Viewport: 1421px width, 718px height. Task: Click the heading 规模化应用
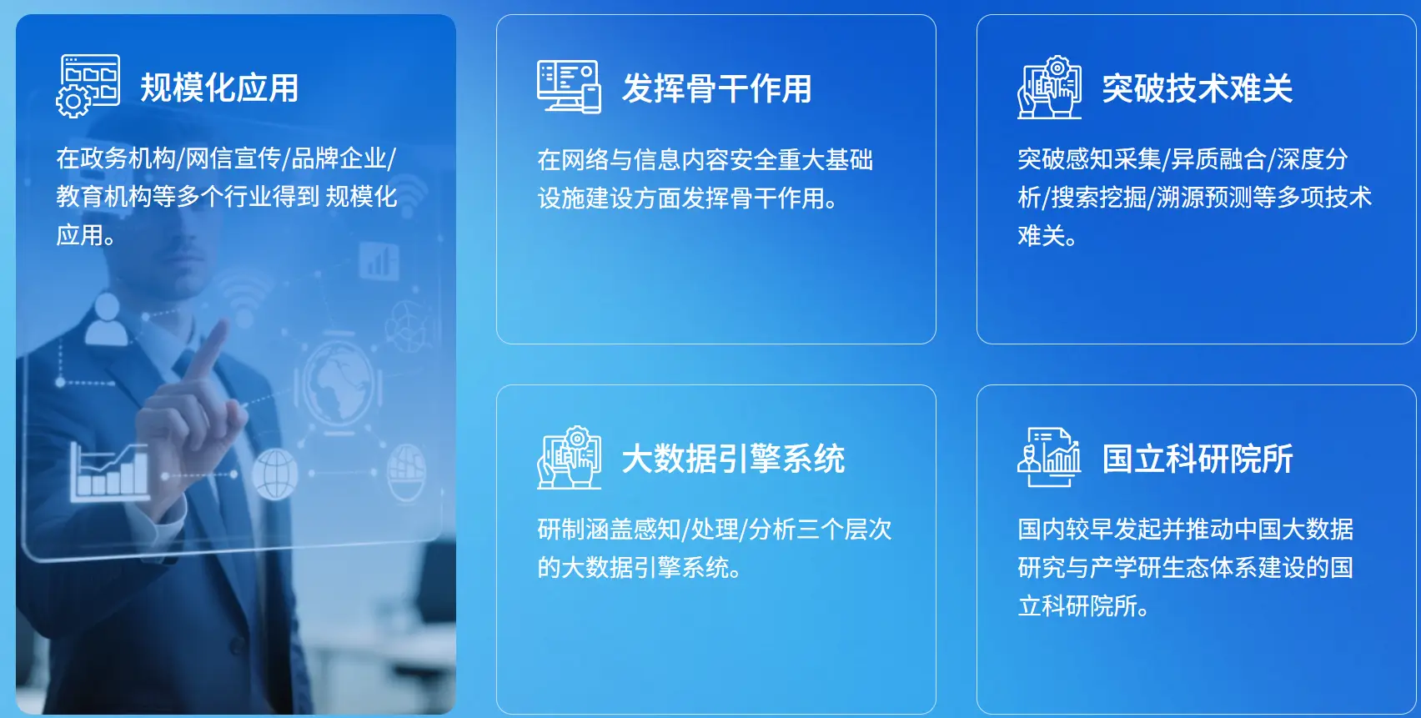tap(218, 88)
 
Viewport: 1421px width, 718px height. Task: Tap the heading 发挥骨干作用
tap(716, 88)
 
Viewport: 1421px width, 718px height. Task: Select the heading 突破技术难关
tap(1197, 88)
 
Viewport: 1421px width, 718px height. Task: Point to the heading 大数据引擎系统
tap(733, 459)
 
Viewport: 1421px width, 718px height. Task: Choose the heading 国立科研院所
tap(1197, 459)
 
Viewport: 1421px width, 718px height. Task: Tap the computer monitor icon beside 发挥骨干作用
tap(569, 87)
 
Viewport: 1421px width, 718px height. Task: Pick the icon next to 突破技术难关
tap(1049, 87)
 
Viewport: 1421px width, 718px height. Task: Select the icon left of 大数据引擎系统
tap(569, 457)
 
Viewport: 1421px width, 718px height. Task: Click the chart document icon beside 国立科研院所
tap(1049, 457)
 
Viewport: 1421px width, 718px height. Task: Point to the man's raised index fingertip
tap(221, 325)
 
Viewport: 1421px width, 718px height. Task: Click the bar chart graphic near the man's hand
tap(110, 470)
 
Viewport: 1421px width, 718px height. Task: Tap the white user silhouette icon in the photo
tap(107, 319)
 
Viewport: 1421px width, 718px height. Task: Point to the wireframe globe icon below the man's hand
tap(274, 474)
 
